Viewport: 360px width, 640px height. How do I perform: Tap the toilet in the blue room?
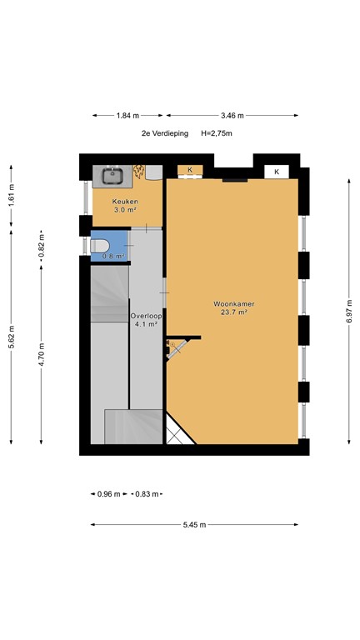(x=101, y=246)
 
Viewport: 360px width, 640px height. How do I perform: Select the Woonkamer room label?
(x=232, y=304)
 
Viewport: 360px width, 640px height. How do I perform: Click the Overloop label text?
(x=145, y=317)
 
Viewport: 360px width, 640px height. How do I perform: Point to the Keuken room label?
(x=125, y=202)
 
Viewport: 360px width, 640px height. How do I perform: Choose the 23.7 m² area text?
(x=232, y=313)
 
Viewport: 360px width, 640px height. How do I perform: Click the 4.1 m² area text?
(x=145, y=326)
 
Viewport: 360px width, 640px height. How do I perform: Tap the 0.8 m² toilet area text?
(x=112, y=256)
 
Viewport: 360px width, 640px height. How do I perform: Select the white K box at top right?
(x=277, y=171)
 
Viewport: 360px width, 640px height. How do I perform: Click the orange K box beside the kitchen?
(x=190, y=170)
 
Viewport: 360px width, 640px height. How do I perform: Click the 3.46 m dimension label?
(x=232, y=116)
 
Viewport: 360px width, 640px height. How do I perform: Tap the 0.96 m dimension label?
(x=104, y=494)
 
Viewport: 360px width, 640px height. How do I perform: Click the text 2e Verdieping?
(x=165, y=133)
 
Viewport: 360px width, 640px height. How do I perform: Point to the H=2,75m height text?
(x=217, y=133)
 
